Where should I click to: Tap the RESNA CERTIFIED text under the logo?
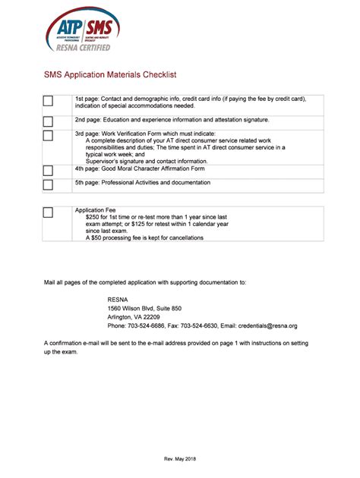pyautogui.click(x=84, y=47)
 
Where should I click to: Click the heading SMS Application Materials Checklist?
pyautogui.click(x=109, y=75)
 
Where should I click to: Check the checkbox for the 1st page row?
pyautogui.click(x=48, y=102)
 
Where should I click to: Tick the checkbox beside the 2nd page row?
pyautogui.click(x=48, y=120)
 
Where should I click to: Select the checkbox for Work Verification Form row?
pyautogui.click(x=48, y=136)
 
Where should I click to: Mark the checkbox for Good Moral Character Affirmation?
pyautogui.click(x=48, y=170)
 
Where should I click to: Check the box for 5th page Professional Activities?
pyautogui.click(x=48, y=184)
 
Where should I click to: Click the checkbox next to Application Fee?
pyautogui.click(x=48, y=212)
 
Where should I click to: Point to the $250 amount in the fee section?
pyautogui.click(x=94, y=217)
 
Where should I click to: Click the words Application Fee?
pyautogui.click(x=95, y=209)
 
